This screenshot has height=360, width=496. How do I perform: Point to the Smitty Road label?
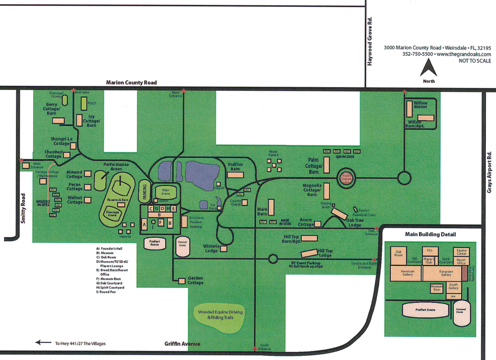[x=23, y=208]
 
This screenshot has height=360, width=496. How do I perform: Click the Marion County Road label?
[x=131, y=83]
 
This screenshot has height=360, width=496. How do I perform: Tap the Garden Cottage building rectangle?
[x=182, y=281]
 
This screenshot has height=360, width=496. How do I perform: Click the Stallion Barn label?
[x=235, y=167]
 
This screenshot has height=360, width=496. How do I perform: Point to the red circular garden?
[x=346, y=177]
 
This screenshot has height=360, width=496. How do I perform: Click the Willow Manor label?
[x=420, y=105]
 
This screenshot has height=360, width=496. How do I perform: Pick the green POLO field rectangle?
[x=84, y=103]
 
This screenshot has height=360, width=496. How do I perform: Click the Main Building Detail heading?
[x=430, y=235]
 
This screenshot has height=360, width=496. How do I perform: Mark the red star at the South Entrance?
[x=255, y=348]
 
